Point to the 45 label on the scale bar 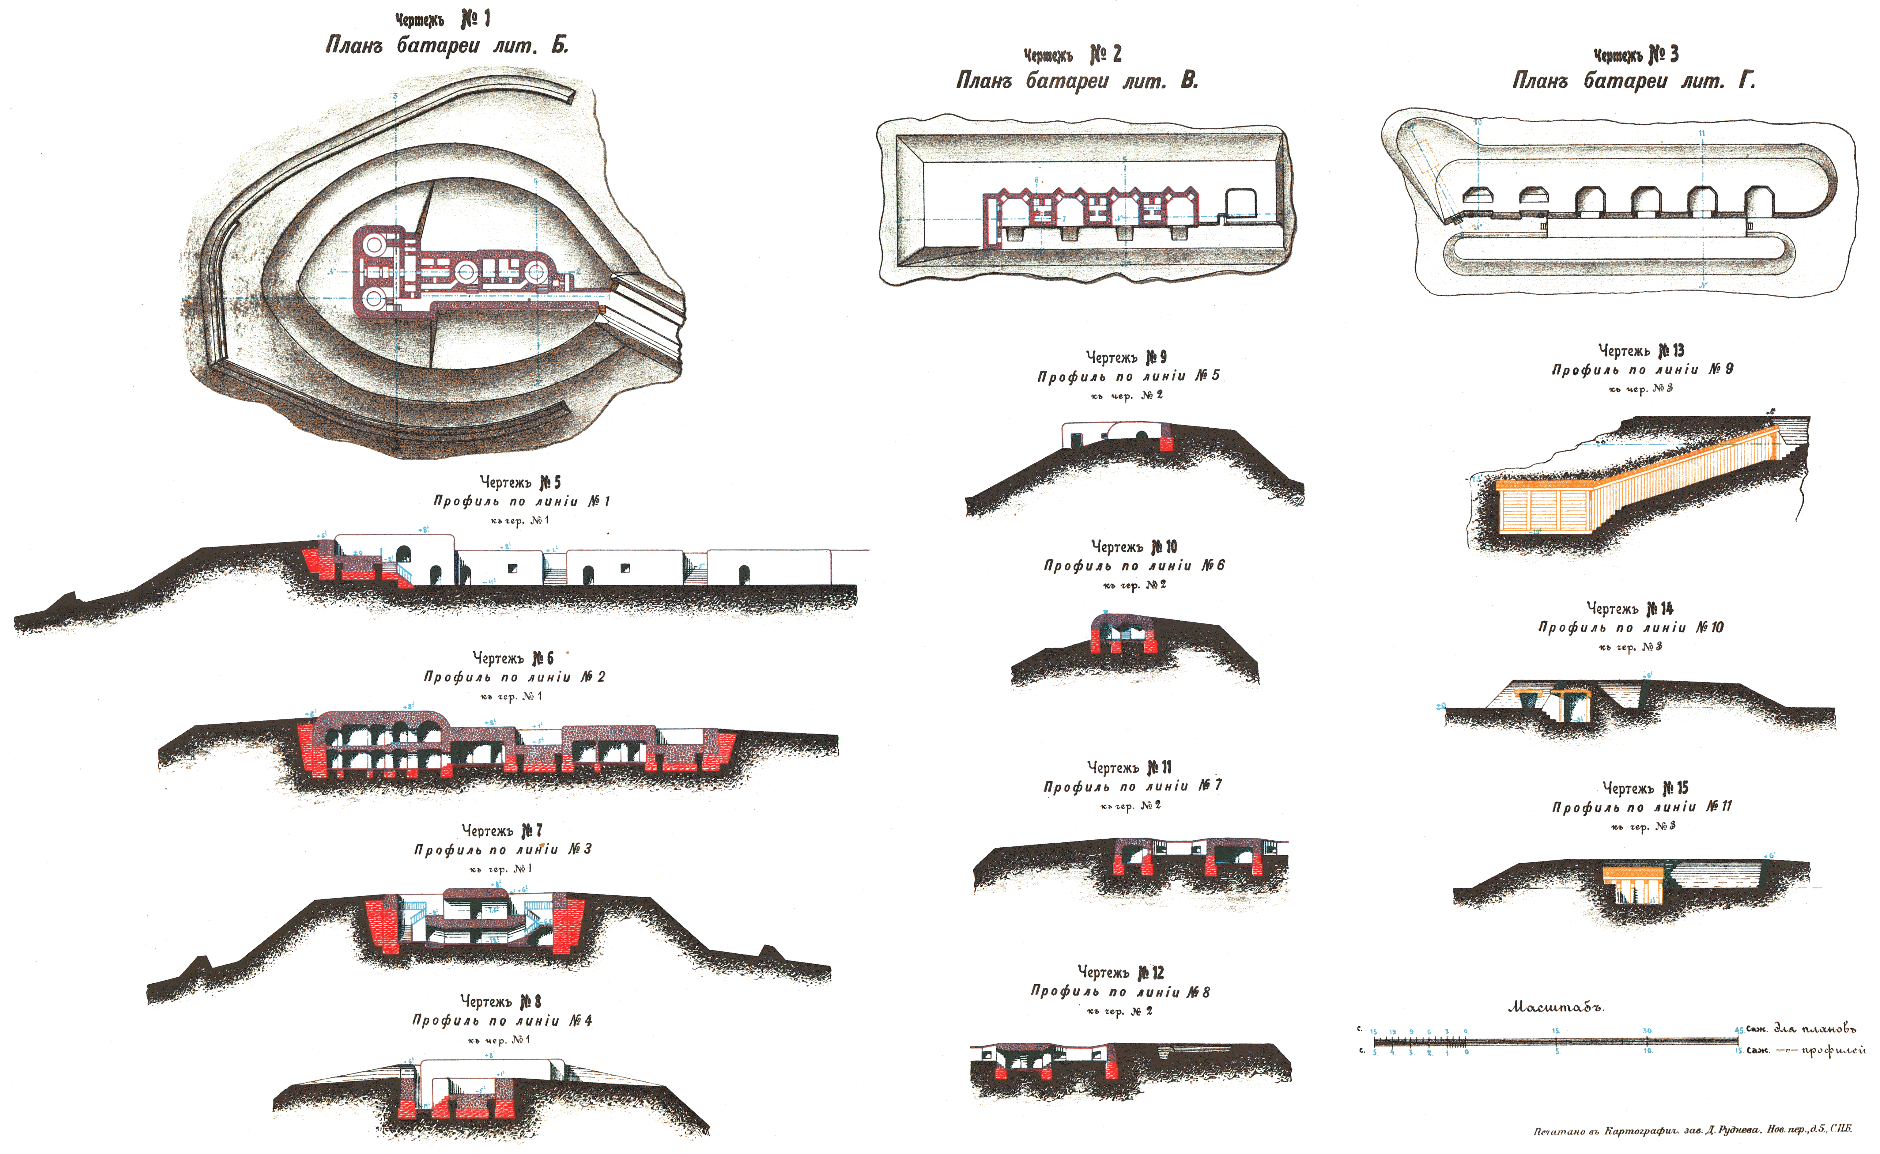(1739, 1030)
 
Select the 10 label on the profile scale (1648, 1051)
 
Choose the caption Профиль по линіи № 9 (1642, 369)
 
